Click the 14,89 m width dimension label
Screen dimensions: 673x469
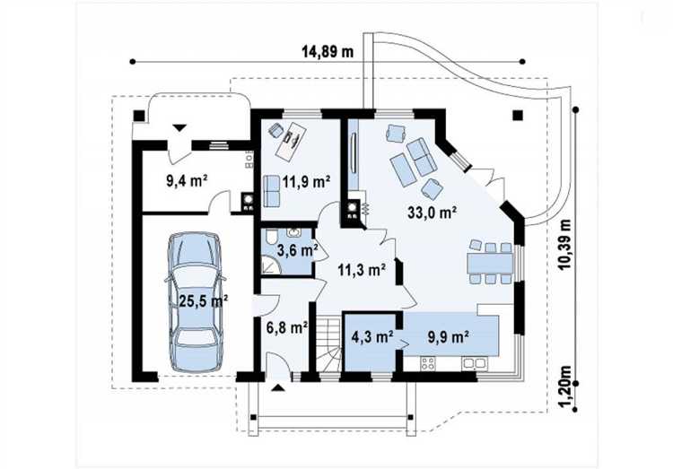tap(328, 52)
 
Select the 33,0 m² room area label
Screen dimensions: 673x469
tap(432, 212)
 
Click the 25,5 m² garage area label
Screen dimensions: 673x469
tap(203, 300)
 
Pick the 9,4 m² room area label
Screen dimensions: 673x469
tap(187, 180)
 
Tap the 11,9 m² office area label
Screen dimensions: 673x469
tap(306, 181)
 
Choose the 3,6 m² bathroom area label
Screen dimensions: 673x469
tap(297, 249)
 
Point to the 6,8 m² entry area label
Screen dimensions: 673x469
tap(287, 328)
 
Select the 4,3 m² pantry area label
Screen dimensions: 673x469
tap(372, 337)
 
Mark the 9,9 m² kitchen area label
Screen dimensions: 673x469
tap(448, 337)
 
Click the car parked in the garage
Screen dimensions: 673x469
tap(196, 302)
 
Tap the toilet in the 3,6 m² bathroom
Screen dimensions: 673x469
tap(271, 237)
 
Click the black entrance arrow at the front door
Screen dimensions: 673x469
tap(278, 388)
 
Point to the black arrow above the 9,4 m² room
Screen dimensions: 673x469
tap(179, 127)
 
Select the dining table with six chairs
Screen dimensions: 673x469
tap(491, 262)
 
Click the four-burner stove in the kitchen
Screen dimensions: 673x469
tap(428, 364)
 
